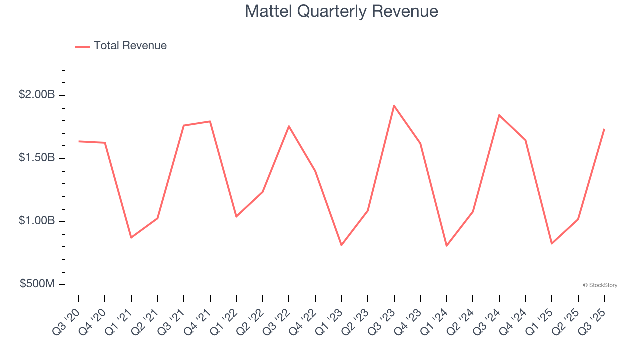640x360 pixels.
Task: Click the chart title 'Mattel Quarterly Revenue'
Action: coord(341,11)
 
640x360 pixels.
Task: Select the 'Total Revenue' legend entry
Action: coord(130,46)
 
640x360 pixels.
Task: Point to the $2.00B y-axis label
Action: coord(37,94)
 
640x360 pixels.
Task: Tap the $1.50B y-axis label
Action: coord(37,158)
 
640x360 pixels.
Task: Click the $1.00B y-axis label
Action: coord(37,221)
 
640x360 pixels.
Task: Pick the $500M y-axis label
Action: coord(37,284)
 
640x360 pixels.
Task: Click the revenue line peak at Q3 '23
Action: coord(394,106)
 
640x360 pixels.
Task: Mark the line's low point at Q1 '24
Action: coord(446,246)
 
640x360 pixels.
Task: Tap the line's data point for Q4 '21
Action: coord(210,121)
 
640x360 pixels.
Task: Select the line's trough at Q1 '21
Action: coord(131,237)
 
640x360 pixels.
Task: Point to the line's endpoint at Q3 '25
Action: coord(604,129)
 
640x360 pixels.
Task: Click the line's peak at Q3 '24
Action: coord(499,115)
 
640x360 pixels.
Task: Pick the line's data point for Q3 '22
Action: coord(289,126)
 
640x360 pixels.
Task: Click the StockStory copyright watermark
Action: coord(600,285)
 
